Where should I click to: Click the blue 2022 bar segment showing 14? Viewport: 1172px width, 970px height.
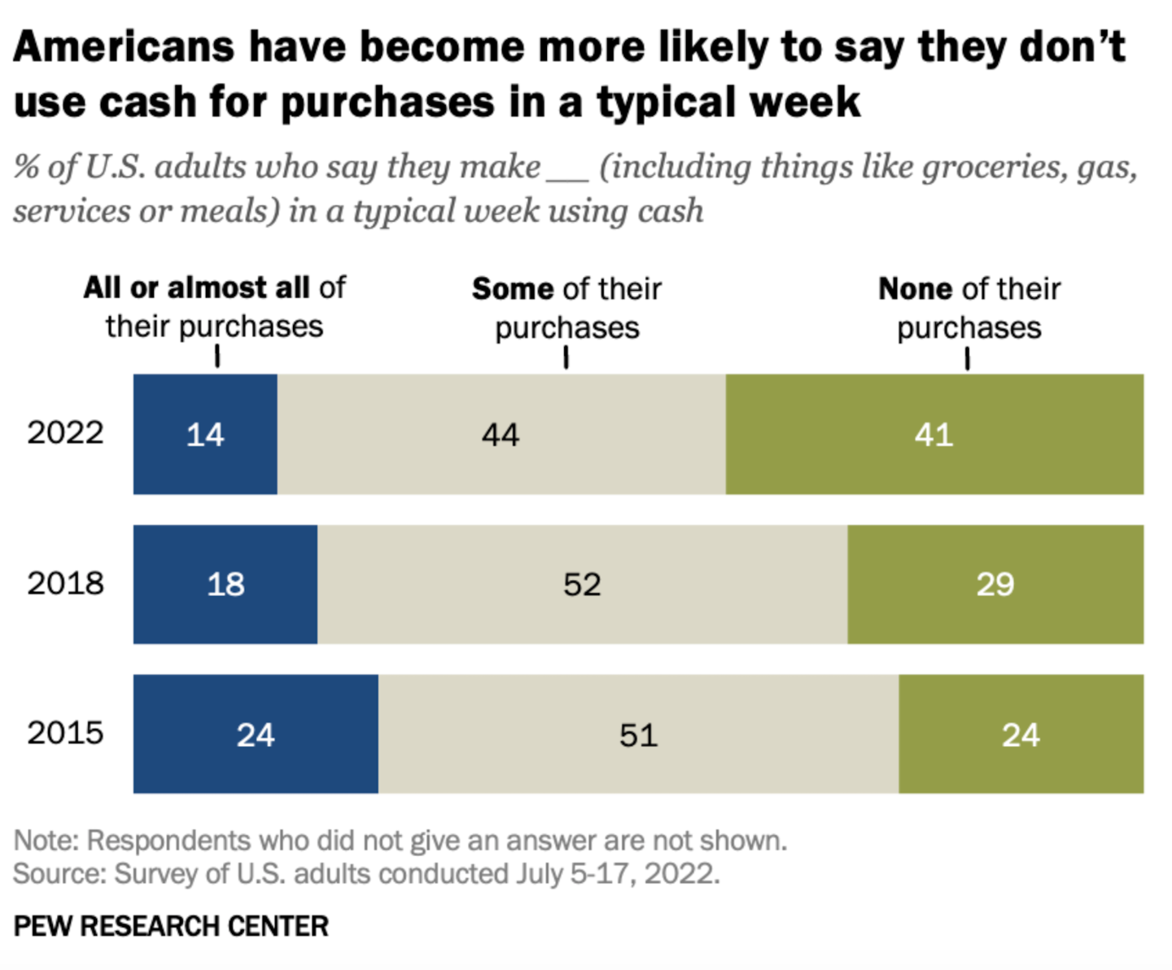click(205, 434)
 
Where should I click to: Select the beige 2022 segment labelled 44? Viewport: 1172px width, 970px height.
click(501, 434)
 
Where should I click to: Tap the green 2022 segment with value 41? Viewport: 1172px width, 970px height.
click(934, 434)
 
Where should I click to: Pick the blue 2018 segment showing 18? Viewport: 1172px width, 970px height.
click(225, 584)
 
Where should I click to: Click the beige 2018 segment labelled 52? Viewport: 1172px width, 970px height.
click(582, 584)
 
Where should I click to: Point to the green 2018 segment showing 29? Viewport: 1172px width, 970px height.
click(995, 584)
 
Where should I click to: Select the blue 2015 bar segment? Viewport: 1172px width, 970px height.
click(256, 734)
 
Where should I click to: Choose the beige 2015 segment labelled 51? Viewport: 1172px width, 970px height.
click(638, 734)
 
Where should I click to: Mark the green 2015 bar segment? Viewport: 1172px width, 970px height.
click(1021, 734)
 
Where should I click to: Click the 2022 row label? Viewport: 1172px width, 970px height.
click(65, 432)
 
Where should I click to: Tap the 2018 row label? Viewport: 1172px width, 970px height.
click(65, 583)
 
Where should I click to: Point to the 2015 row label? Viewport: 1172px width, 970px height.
click(65, 733)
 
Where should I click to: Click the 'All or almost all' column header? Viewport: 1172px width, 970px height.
click(214, 307)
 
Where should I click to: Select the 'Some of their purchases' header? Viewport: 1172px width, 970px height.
click(566, 308)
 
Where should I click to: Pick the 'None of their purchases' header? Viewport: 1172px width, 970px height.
click(969, 308)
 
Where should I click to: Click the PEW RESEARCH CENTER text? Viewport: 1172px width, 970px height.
click(171, 926)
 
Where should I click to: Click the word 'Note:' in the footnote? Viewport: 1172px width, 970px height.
click(46, 841)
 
